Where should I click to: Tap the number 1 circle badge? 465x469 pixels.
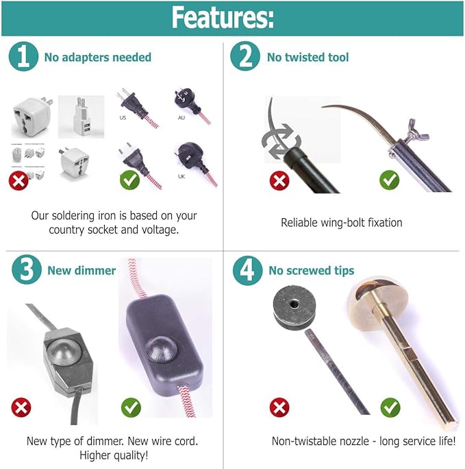[x=24, y=57]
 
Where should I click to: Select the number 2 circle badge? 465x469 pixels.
[x=244, y=57]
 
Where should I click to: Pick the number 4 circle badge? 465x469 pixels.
[x=247, y=270]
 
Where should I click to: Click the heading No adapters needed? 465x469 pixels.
[x=97, y=58]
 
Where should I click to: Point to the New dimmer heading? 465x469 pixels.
[x=81, y=270]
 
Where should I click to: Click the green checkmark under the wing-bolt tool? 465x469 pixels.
[x=389, y=180]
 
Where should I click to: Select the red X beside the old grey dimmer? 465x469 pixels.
[x=21, y=407]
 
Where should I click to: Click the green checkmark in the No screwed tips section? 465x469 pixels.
[x=390, y=407]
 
